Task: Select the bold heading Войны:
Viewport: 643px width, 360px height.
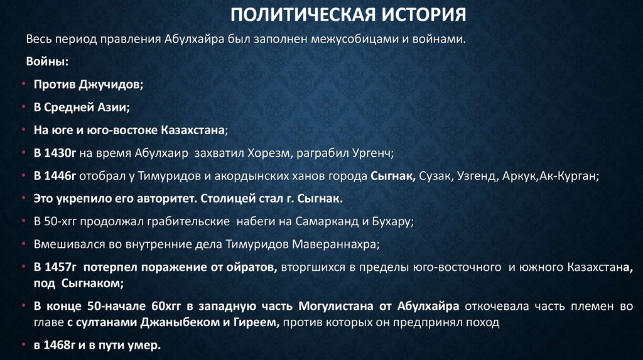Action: tap(47, 61)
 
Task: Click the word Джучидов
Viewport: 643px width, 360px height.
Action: tap(111, 84)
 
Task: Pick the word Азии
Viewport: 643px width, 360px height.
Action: tap(114, 107)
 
